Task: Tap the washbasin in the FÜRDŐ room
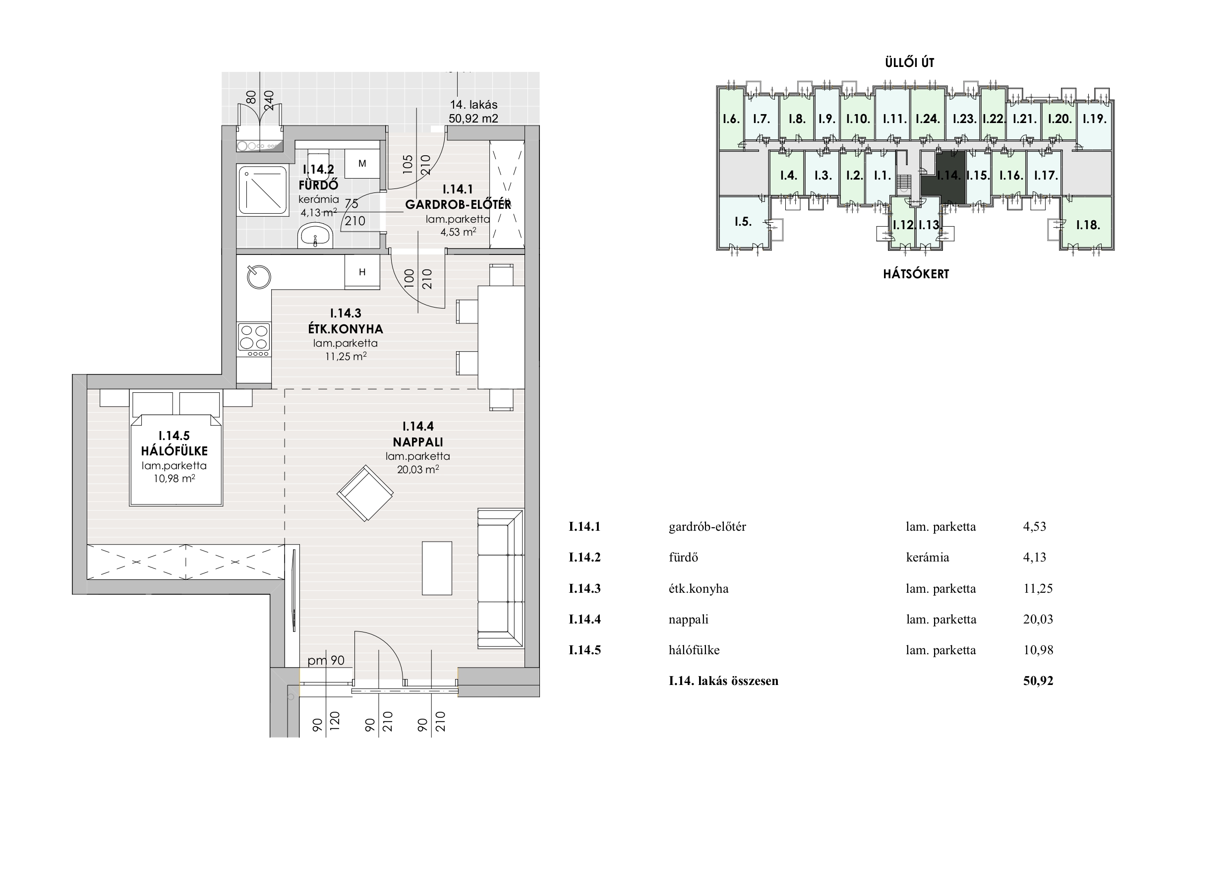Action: tap(315, 236)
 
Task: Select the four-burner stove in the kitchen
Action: tap(254, 340)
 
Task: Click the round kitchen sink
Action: tap(259, 277)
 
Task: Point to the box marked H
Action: tap(362, 272)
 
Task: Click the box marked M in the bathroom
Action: tap(362, 164)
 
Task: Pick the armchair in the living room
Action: tap(365, 493)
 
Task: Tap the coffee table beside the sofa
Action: tap(437, 567)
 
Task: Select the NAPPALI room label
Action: tap(418, 442)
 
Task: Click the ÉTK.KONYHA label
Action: tap(346, 328)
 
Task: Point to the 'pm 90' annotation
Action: tap(326, 660)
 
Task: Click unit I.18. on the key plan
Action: tap(1088, 224)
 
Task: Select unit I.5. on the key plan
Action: tap(743, 221)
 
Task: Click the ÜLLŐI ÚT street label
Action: tap(910, 62)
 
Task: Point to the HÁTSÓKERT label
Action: tap(916, 274)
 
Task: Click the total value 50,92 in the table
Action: tap(1038, 681)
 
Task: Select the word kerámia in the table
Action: tap(927, 558)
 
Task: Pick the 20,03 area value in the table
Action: tap(1038, 619)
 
